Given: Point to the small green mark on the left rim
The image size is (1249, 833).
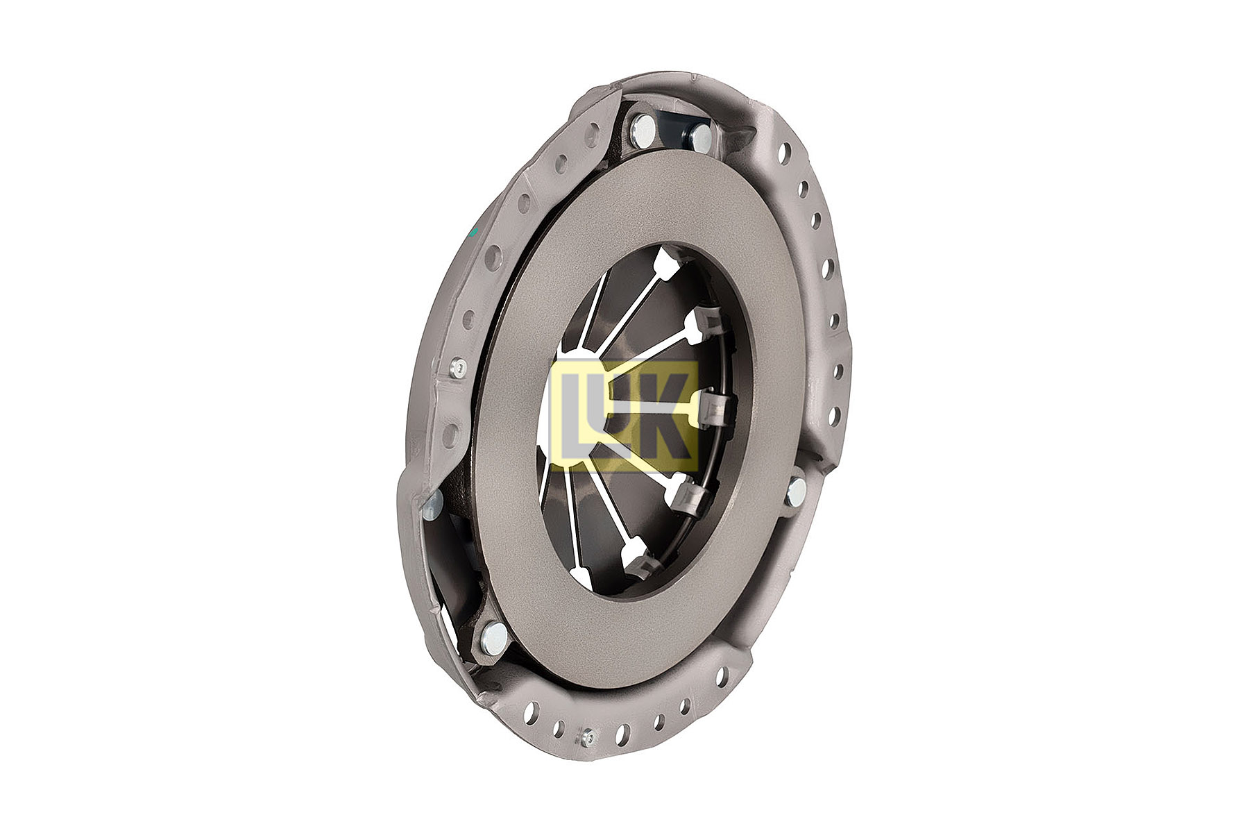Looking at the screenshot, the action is pos(475,233).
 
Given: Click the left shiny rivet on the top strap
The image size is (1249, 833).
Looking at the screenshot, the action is pos(644,128).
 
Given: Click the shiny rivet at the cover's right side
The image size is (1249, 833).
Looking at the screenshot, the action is pos(796,491).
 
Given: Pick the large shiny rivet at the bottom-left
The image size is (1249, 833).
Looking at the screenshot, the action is pos(494,636).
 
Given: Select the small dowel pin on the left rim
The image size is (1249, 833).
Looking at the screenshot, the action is pos(457,368).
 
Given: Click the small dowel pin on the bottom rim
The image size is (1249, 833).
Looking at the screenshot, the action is pos(588,737).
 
